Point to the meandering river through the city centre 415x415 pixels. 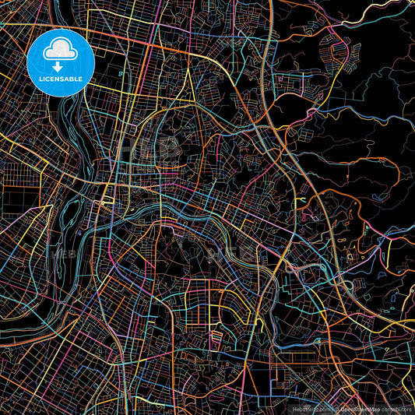(179, 210)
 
